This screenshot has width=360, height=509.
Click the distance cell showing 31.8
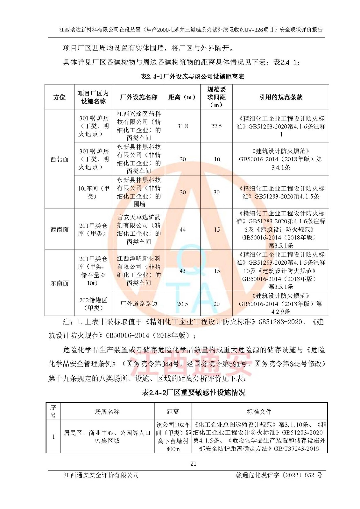tap(182, 126)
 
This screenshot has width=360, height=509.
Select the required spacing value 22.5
tap(216, 126)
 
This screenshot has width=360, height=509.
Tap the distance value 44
tap(182, 229)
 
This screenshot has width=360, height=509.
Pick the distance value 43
tap(182, 271)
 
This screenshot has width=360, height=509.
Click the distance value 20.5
tap(182, 304)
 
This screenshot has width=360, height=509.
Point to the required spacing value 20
tap(216, 304)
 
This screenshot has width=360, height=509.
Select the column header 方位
tap(59, 97)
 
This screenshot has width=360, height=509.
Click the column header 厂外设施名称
tap(139, 97)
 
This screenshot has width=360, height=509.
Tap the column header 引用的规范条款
tap(280, 97)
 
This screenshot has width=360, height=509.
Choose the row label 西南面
tap(59, 229)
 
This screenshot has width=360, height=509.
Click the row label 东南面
tap(59, 283)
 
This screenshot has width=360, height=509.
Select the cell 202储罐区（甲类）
tap(93, 304)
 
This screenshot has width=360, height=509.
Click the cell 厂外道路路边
tap(139, 304)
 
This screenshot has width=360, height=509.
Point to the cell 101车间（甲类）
tap(93, 192)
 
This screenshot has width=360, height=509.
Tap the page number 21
tap(193, 464)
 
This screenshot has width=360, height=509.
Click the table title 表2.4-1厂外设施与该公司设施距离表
tap(192, 76)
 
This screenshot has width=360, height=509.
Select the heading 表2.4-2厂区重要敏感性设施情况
tap(194, 392)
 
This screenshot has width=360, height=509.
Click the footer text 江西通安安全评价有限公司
tap(101, 475)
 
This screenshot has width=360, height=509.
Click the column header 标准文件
tap(259, 412)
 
